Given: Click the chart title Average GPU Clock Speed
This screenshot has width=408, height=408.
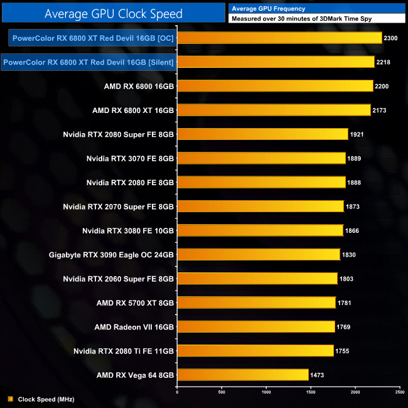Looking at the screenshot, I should (x=114, y=13).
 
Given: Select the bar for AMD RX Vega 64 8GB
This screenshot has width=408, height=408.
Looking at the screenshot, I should (x=243, y=375).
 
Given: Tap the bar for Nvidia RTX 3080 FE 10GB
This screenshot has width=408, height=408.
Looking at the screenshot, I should (x=260, y=230).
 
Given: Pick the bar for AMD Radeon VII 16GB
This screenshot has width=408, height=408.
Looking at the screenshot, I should (x=256, y=326).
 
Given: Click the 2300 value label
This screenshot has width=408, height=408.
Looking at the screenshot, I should (x=390, y=38).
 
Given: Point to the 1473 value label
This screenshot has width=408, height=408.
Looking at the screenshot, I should (x=318, y=375).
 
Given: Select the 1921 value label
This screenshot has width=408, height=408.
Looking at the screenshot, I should (x=357, y=134).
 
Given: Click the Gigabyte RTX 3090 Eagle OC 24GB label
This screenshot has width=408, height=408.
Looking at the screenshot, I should (x=111, y=255).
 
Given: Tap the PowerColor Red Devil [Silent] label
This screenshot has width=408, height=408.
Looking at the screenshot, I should (x=89, y=62).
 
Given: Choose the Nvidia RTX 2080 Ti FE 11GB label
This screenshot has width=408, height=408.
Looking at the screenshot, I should (x=124, y=351).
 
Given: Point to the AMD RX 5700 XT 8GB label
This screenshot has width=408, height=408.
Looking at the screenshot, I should (x=135, y=303).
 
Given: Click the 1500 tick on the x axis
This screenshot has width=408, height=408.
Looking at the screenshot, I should (x=311, y=392).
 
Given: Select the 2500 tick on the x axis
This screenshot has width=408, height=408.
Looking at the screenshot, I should (x=400, y=392).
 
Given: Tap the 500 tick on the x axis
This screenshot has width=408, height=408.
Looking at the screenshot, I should (x=222, y=392).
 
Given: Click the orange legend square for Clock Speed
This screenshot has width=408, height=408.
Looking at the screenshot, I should (x=10, y=399).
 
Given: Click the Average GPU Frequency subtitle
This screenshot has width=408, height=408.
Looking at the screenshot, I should (x=268, y=8).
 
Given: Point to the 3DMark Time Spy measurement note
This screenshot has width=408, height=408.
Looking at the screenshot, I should (x=301, y=19).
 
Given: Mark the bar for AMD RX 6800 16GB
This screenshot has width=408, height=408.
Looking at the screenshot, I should (x=275, y=86).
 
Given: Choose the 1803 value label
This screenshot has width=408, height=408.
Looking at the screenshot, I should (x=346, y=279).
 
